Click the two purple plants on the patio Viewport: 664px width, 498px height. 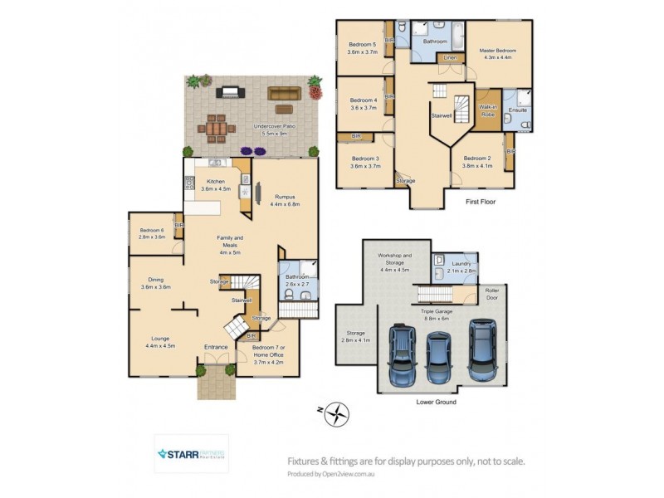(251, 150)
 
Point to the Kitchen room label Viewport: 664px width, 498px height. (216, 184)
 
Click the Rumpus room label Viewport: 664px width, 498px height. (284, 199)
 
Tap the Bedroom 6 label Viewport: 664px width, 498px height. (152, 232)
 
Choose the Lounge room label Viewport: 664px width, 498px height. (160, 342)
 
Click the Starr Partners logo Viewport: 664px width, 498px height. (192, 454)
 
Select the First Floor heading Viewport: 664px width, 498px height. (479, 201)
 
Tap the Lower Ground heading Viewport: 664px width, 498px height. (436, 402)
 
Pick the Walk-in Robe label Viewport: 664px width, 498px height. (489, 113)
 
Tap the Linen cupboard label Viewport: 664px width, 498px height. (450, 58)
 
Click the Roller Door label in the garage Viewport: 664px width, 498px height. (492, 294)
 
